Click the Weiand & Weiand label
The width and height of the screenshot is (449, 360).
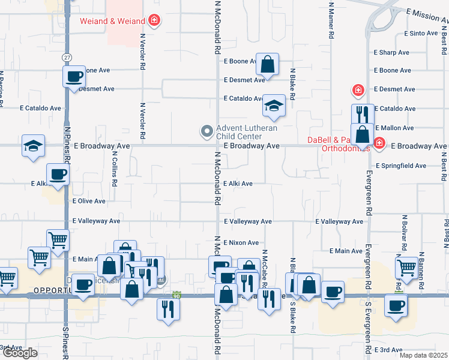click(113, 22)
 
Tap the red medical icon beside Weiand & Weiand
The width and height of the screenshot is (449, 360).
click(154, 21)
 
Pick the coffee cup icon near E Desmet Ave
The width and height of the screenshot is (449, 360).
click(74, 77)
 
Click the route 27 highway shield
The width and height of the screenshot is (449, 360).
click(66, 56)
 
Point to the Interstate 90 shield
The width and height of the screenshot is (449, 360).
click(176, 296)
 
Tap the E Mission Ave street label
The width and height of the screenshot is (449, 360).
click(427, 13)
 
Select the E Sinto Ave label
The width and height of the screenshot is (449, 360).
click(421, 34)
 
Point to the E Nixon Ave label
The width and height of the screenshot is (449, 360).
click(241, 243)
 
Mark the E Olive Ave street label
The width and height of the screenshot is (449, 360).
click(88, 202)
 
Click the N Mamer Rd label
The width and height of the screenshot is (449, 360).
click(331, 21)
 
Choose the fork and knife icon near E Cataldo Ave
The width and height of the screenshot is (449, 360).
click(362, 114)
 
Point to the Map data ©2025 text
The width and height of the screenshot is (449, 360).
click(423, 355)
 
